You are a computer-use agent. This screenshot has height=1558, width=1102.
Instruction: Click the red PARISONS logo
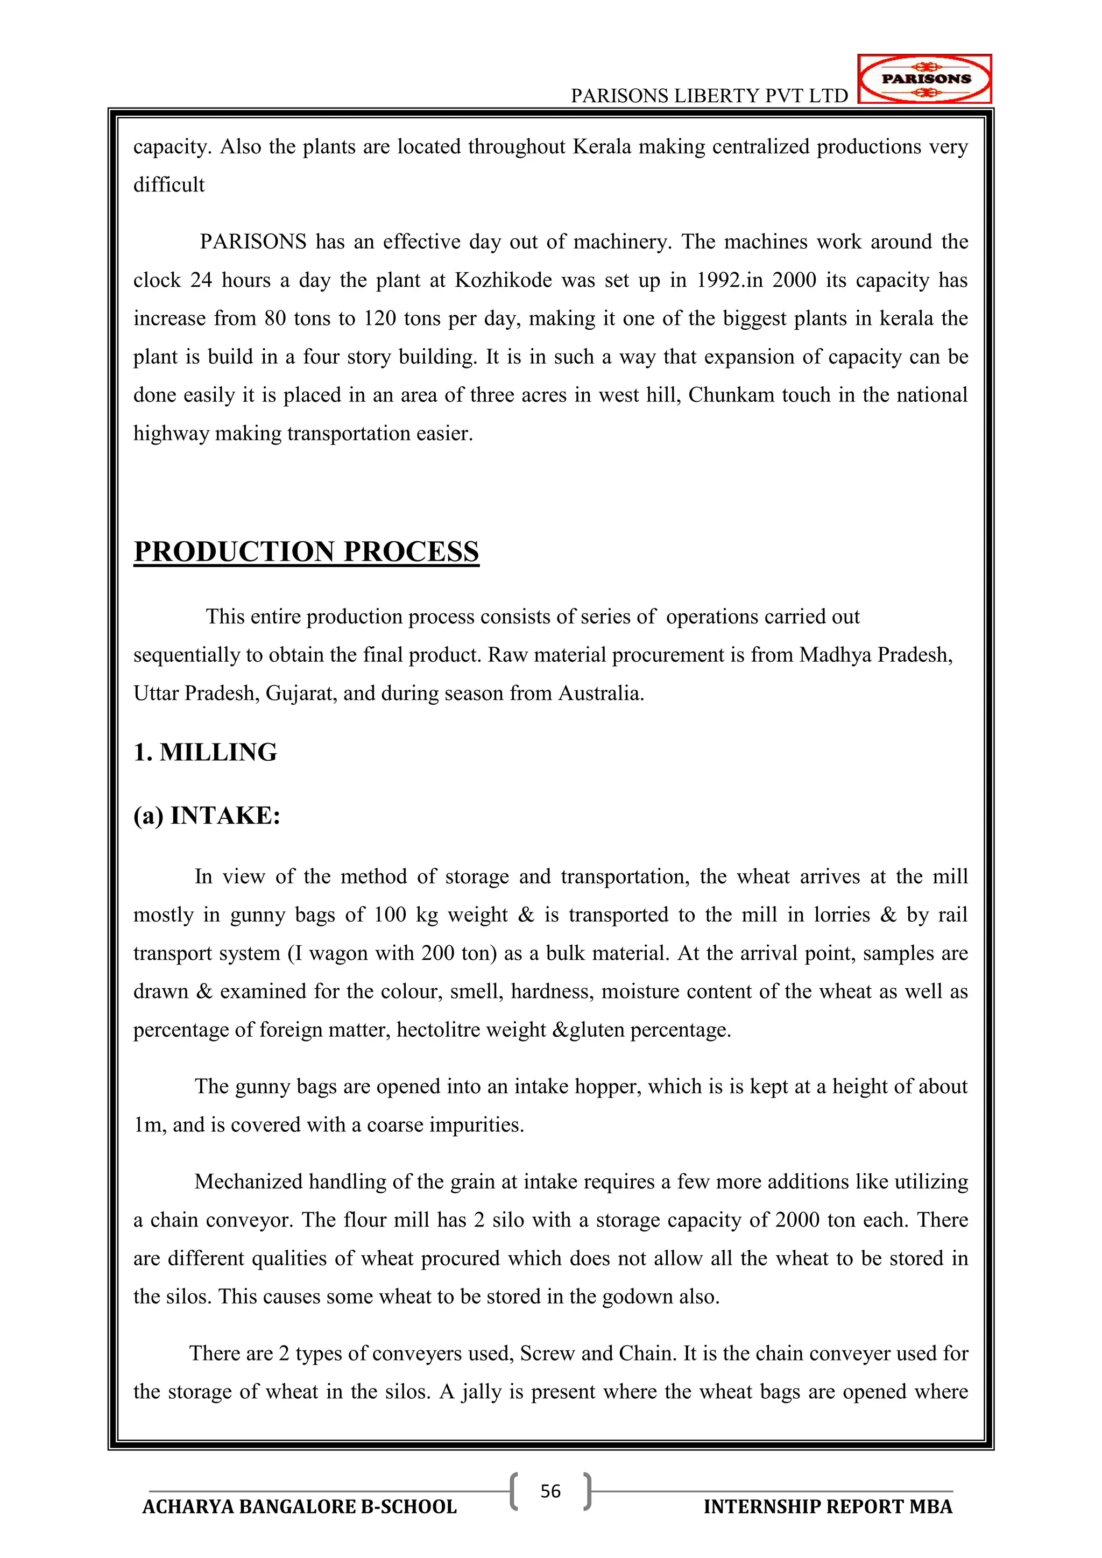point(925,79)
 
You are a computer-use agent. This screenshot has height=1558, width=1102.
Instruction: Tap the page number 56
point(550,1491)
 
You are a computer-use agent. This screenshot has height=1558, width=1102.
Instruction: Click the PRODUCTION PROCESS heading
point(306,551)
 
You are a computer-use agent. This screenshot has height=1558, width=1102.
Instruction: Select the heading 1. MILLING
point(205,753)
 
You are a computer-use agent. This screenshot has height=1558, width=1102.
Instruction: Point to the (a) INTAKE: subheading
point(207,816)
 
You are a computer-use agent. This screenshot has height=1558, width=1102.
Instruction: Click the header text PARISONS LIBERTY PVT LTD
point(709,96)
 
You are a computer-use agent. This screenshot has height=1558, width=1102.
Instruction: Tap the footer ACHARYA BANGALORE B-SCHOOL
point(299,1507)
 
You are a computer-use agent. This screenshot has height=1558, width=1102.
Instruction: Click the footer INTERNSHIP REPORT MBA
point(828,1507)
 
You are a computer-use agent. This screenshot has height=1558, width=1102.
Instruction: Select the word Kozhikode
point(503,280)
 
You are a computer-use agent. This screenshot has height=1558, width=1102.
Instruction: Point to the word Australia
point(599,693)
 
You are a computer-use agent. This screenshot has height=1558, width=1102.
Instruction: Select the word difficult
point(169,185)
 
